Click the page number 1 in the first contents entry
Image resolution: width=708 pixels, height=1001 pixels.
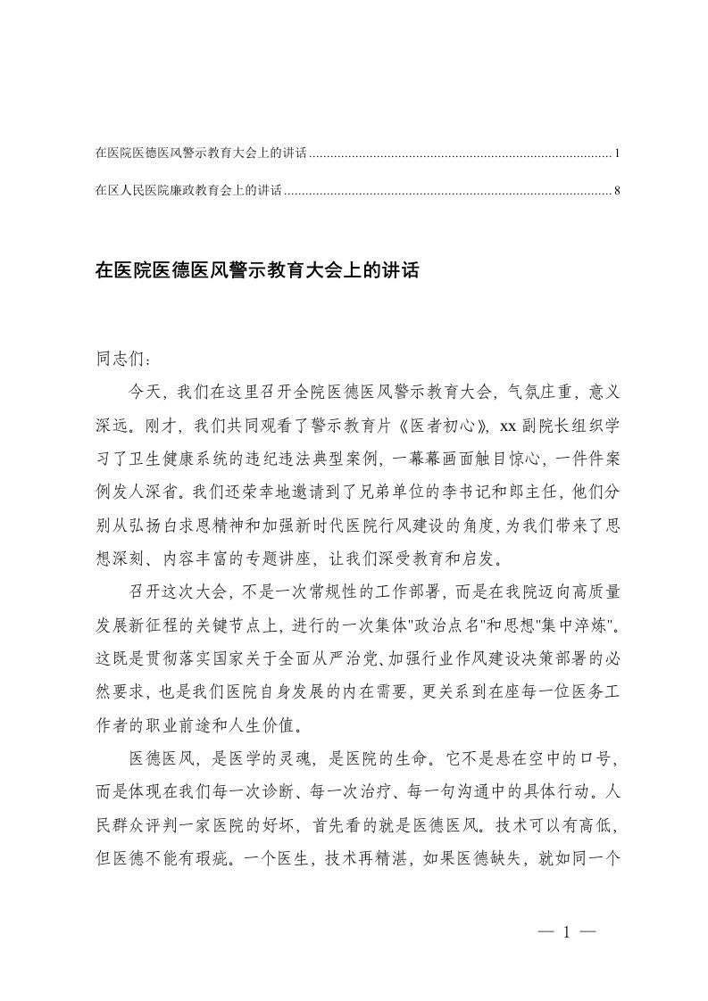click(617, 154)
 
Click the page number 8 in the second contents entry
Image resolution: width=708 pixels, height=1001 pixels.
click(617, 191)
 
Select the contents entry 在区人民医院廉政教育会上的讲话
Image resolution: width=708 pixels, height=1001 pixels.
click(188, 191)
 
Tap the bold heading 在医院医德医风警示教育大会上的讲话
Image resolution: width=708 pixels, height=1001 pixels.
click(256, 270)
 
